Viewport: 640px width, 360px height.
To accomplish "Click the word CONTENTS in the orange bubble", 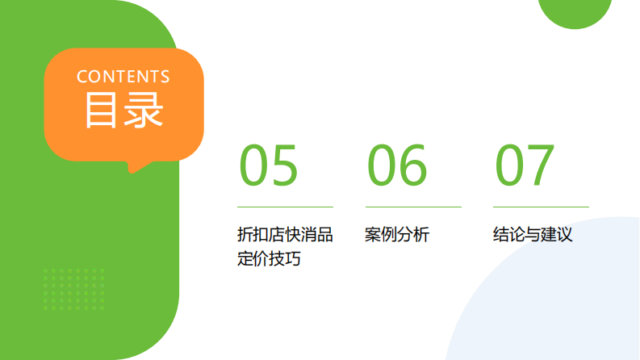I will [123, 77].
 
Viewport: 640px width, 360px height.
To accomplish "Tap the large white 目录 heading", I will [124, 110].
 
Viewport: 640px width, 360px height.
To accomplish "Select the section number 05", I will [269, 165].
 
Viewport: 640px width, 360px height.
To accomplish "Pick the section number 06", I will [397, 165].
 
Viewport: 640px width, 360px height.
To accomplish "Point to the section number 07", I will [525, 165].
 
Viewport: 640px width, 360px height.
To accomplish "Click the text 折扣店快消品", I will [285, 235].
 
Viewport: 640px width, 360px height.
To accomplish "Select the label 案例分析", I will [397, 235].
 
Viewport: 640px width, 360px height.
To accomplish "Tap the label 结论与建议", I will [533, 235].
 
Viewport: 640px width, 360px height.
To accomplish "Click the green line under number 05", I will [285, 207].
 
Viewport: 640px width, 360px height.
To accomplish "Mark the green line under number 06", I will [413, 207].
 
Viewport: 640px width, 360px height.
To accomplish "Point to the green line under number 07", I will [541, 207].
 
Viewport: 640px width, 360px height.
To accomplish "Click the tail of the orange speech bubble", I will [138, 165].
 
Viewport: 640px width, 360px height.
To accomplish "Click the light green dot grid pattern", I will [73, 289].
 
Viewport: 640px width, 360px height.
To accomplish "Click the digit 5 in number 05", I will [284, 165].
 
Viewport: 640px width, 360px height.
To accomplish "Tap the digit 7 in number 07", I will [541, 165].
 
